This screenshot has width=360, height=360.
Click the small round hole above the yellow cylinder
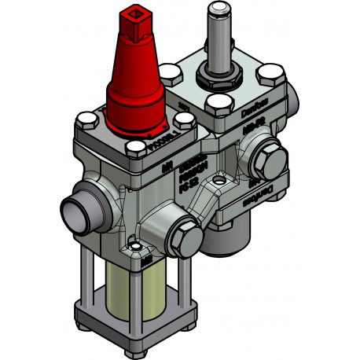click(x=139, y=251)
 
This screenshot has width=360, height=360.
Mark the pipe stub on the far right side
click(x=292, y=101)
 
